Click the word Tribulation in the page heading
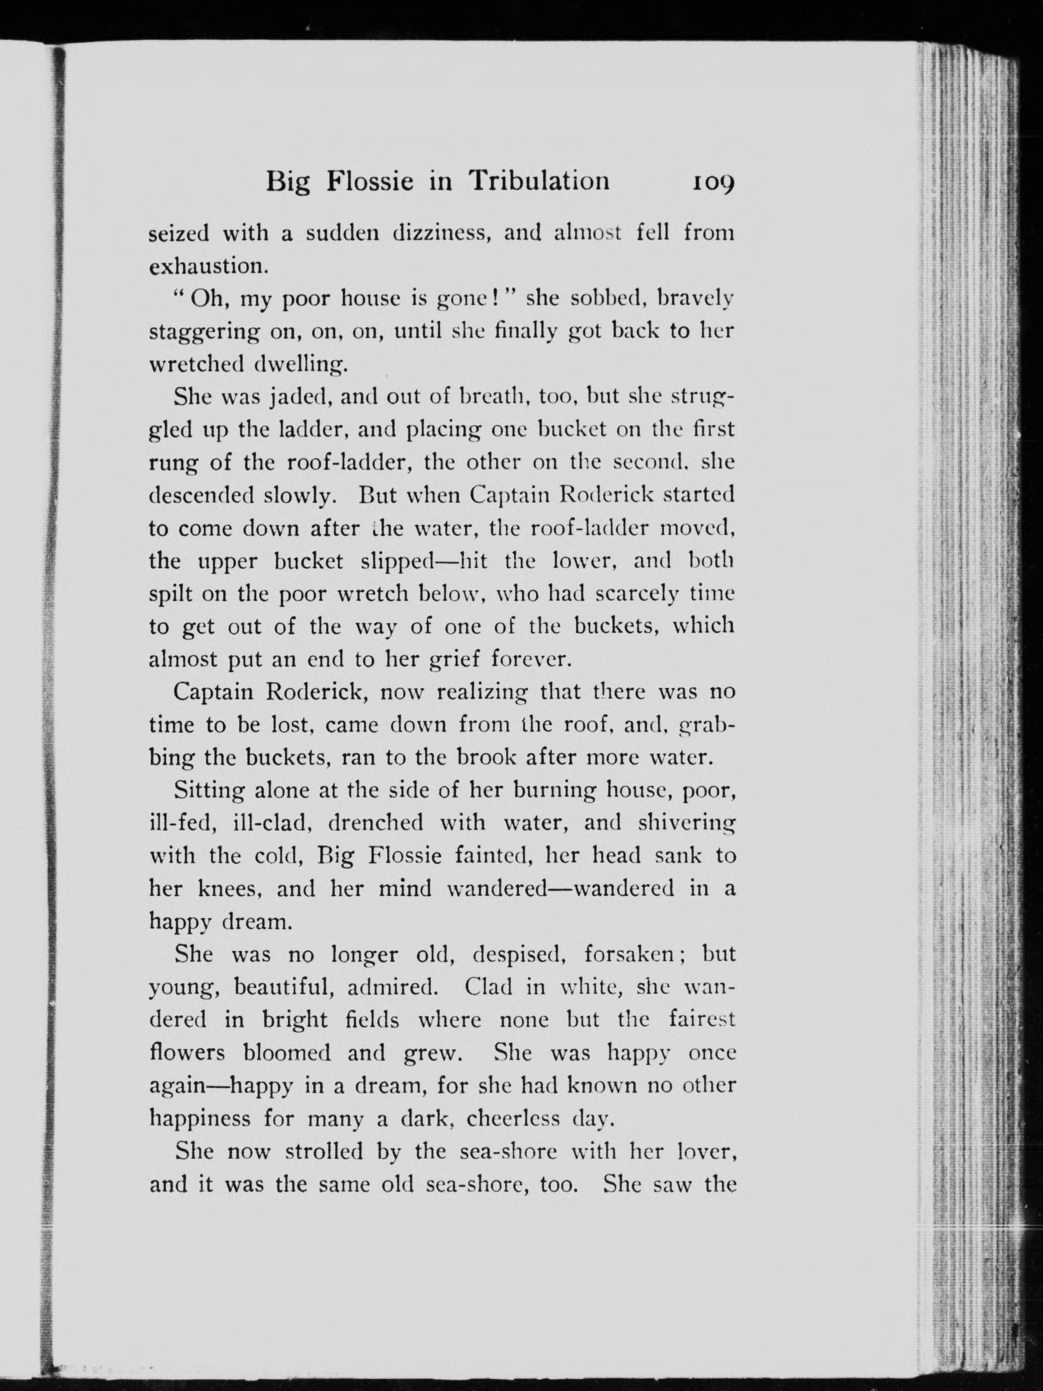pos(539,181)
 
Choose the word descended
pos(201,496)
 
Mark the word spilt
pos(170,594)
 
